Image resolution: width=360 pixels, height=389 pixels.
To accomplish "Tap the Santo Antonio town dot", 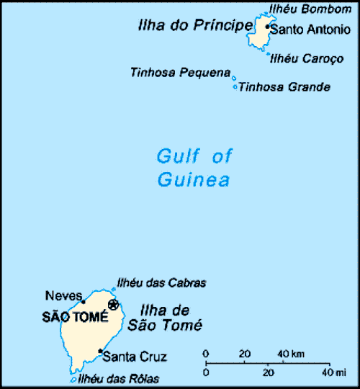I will tap(267, 27).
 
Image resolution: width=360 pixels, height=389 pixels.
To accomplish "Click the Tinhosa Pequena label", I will tap(180, 72).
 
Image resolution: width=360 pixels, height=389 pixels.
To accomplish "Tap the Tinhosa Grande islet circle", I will tap(235, 87).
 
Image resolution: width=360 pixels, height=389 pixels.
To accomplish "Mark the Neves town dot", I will tap(84, 302).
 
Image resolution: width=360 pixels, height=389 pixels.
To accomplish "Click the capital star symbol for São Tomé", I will tap(113, 304).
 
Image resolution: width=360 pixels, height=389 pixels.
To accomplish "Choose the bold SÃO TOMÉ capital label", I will tap(75, 316).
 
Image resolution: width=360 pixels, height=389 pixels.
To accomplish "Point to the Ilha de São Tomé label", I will tap(164, 318).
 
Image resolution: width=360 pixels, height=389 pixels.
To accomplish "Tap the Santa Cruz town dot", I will tap(100, 351).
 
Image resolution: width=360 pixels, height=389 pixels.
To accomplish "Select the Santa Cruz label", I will tap(135, 356).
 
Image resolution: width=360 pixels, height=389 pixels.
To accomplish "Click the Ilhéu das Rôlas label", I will tap(118, 379).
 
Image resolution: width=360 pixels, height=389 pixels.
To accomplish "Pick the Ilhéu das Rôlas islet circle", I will tap(73, 380).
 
